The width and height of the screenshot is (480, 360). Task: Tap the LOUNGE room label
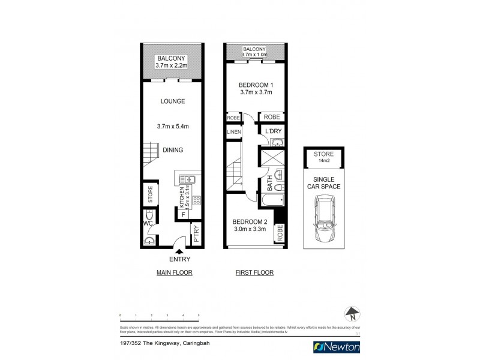tap(172, 101)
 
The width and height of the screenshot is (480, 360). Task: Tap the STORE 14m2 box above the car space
tap(323, 157)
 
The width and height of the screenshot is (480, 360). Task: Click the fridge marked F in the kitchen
tap(182, 213)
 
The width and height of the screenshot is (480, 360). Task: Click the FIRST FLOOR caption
tap(254, 272)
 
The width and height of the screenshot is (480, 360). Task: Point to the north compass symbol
tap(352, 313)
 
